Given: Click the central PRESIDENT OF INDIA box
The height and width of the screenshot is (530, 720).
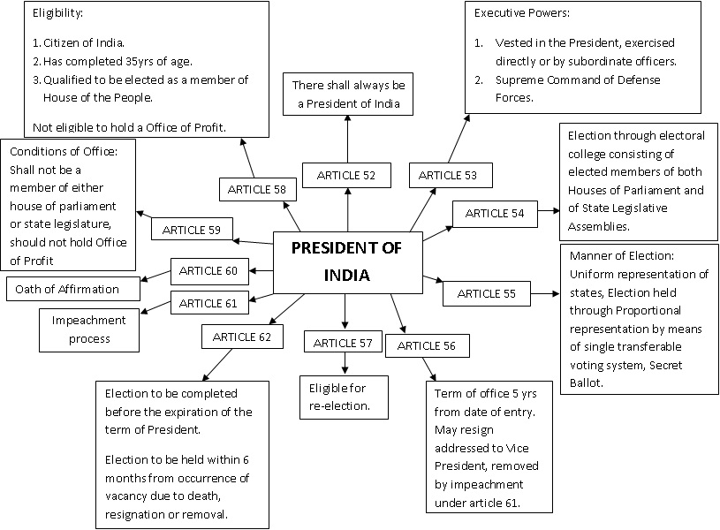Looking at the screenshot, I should point(346,261).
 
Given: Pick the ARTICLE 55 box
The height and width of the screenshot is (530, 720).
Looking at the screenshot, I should point(486,293).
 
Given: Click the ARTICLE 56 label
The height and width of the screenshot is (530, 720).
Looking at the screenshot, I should point(427,345).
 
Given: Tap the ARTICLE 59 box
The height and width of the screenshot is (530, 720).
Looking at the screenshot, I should point(192,231).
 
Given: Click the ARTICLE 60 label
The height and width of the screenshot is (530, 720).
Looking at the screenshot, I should point(209,269).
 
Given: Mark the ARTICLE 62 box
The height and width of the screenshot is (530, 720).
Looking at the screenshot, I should point(242,336).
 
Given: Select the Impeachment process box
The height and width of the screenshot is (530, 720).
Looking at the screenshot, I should point(88,329).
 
